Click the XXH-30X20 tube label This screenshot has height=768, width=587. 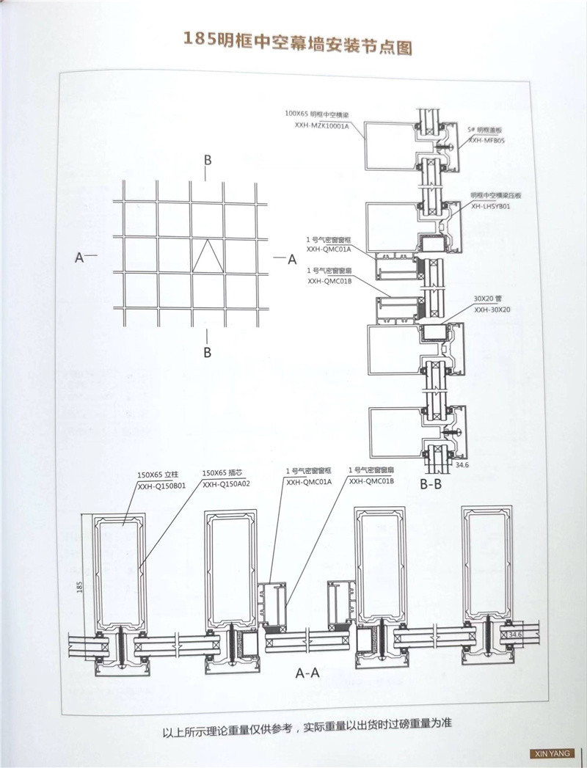(492, 310)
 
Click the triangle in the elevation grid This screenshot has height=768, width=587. (208, 256)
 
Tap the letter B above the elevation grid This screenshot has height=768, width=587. (208, 159)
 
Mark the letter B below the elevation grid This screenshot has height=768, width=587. (208, 352)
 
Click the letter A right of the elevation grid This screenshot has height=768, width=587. (291, 258)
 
